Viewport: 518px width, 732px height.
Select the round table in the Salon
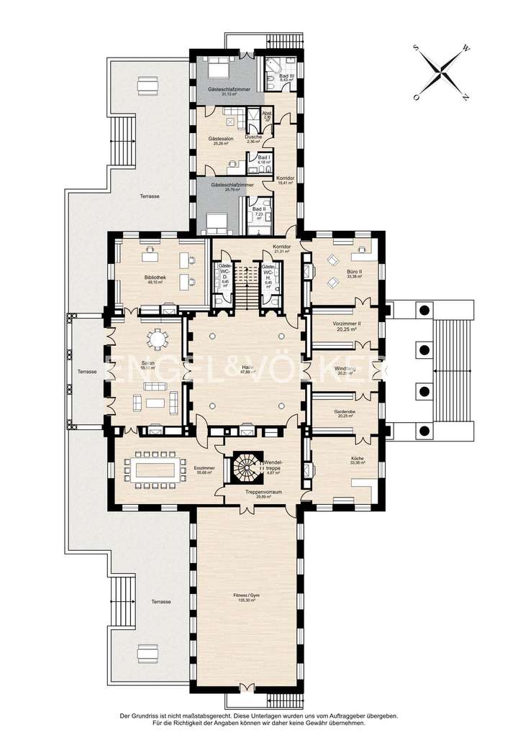(x=156, y=338)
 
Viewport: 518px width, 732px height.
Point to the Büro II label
(x=354, y=272)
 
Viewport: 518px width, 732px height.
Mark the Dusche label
(x=253, y=137)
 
